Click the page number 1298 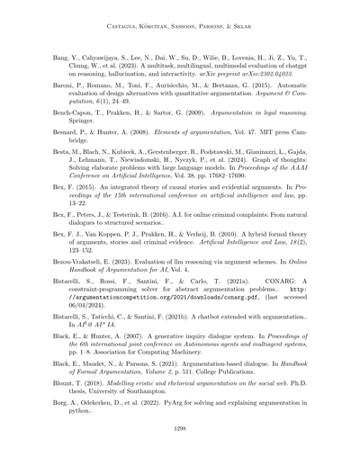coord(180,432)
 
